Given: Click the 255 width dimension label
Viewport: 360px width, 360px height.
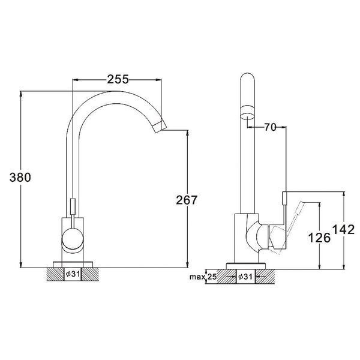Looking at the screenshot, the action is coord(118,79).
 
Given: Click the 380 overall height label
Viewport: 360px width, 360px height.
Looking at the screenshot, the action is coord(20,177).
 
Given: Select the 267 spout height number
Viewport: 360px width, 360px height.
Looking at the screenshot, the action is coord(187,200).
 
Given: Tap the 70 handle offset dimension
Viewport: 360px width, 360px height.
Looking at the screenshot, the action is coord(270,127).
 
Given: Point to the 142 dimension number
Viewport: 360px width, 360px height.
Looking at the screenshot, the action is coord(343,229).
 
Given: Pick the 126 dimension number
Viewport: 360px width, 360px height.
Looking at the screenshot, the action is coord(319,238).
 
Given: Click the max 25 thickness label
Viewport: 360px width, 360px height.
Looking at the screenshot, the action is coord(203,277).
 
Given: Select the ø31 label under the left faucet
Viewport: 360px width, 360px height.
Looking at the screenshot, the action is coord(73,274).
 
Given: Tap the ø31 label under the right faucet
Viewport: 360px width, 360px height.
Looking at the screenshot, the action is coord(245,277).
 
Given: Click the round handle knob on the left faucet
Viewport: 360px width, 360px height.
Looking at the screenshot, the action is coord(73,239).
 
